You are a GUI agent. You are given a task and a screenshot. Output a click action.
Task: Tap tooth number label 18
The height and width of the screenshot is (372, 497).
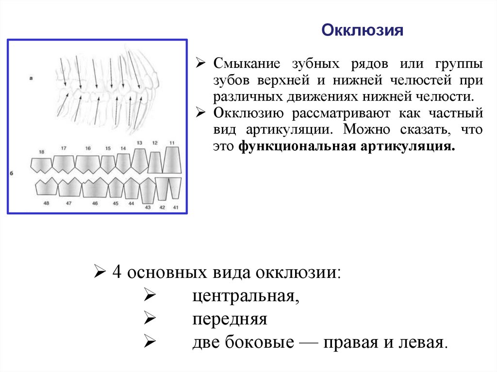click(x=41, y=152)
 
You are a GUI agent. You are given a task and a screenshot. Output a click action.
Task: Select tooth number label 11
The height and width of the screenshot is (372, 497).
click(x=172, y=143)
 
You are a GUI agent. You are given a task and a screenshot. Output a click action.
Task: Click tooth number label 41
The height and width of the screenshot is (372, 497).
click(x=176, y=208)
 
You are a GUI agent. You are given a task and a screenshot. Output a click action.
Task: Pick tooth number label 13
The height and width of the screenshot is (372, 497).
click(x=139, y=143)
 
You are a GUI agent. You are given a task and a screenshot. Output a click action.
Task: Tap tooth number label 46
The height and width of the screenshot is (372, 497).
click(x=95, y=204)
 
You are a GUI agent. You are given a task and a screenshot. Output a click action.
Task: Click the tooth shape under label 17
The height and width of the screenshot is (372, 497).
click(x=64, y=164)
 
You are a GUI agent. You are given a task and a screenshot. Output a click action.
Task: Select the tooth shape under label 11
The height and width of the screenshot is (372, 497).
click(x=172, y=161)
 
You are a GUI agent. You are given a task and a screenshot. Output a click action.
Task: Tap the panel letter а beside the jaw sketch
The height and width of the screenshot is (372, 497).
click(x=31, y=78)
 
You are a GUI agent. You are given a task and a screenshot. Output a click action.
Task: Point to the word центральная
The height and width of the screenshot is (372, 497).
click(x=245, y=295)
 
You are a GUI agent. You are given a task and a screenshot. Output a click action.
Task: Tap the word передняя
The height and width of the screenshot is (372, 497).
click(x=230, y=319)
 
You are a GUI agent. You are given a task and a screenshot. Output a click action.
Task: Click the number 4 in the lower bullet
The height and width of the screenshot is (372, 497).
click(x=116, y=272)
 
